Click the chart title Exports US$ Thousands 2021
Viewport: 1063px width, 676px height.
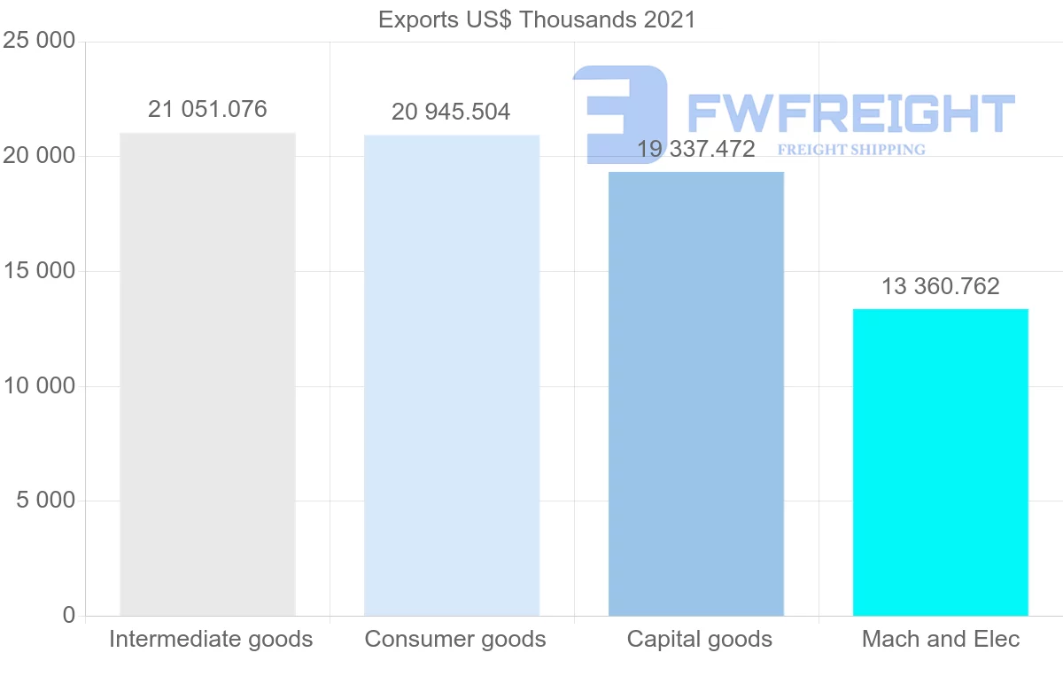(537, 19)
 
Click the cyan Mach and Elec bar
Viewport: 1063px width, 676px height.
(941, 462)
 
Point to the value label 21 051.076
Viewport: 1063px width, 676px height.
(207, 109)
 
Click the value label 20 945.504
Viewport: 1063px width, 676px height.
(451, 113)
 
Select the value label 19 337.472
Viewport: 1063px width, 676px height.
(696, 149)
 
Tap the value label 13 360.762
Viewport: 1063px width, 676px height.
(940, 286)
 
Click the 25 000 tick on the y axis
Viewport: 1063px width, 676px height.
(38, 41)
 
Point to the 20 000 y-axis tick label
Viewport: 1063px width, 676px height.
(38, 157)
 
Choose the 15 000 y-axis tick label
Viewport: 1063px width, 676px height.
(38, 271)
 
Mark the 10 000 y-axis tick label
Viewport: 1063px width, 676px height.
(38, 386)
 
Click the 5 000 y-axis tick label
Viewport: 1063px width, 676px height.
(45, 501)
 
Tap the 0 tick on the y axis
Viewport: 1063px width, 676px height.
(69, 615)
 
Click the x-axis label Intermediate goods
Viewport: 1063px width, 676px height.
(211, 639)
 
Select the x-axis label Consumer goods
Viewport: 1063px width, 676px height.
(455, 639)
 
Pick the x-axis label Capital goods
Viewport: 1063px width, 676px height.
(700, 639)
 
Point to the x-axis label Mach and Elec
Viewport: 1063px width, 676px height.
(941, 639)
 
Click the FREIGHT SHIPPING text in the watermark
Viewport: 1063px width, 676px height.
(851, 150)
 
